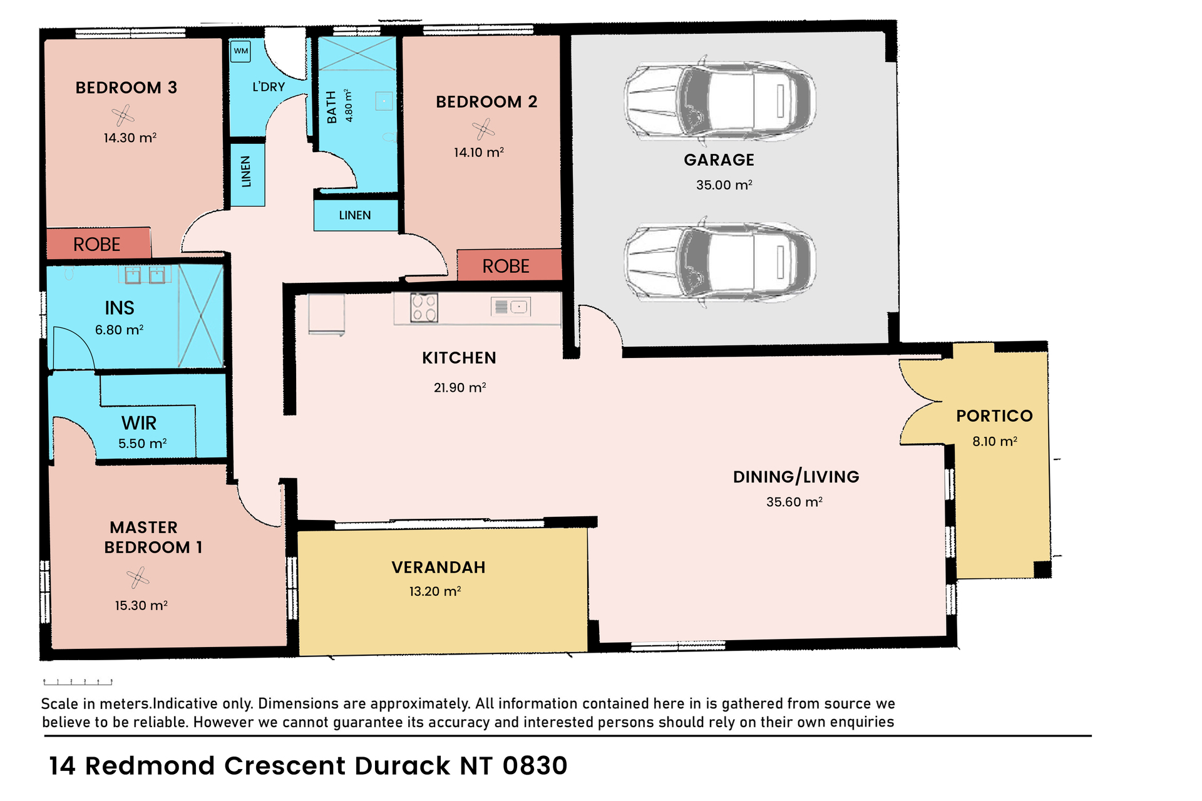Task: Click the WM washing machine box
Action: tap(241, 51)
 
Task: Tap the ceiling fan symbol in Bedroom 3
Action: tap(123, 115)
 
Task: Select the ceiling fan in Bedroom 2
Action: tap(483, 130)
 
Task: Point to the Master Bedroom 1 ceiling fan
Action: tap(138, 578)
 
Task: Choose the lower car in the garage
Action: tap(720, 261)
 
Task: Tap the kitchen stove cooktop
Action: tap(424, 308)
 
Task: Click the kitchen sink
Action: tap(511, 307)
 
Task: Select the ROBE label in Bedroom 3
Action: tap(96, 244)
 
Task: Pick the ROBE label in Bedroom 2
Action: tap(506, 266)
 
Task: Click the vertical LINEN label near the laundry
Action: tap(246, 172)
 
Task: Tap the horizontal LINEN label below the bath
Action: tap(355, 215)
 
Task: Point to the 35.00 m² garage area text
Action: tap(724, 185)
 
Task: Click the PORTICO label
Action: tap(994, 416)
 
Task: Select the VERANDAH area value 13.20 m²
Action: tap(435, 591)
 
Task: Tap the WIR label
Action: tap(139, 423)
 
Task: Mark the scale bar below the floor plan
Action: tap(78, 681)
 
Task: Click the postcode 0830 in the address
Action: tap(535, 766)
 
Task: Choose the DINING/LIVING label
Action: tap(796, 477)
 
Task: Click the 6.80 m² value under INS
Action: tap(119, 330)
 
